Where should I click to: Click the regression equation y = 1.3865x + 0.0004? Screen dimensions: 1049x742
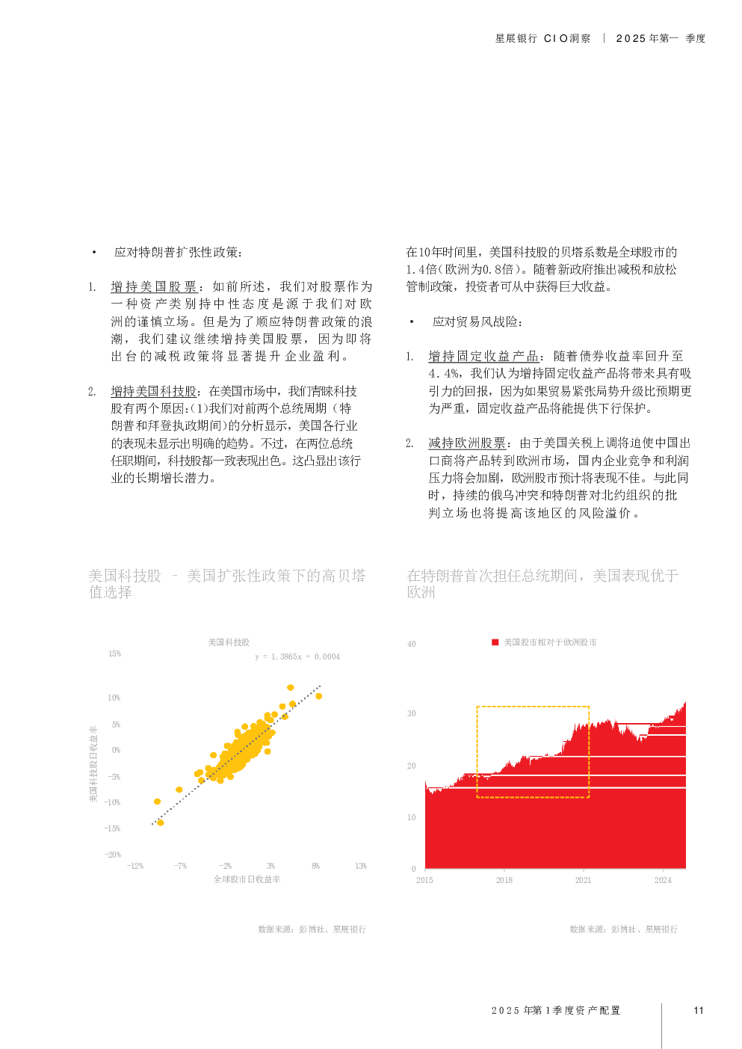(297, 656)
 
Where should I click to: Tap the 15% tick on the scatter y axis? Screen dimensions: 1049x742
(114, 653)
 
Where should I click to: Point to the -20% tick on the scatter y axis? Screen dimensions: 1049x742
(113, 855)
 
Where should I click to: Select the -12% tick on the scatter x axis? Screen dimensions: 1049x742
(135, 866)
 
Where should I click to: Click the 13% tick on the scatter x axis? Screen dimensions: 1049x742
(361, 866)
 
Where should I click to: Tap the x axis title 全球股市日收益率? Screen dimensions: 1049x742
(247, 879)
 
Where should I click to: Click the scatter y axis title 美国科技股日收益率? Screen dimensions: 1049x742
(93, 763)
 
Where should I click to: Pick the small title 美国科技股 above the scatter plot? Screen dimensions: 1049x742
(229, 642)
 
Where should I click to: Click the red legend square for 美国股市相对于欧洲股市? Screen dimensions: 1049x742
(495, 642)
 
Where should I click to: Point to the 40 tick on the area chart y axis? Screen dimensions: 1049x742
(411, 644)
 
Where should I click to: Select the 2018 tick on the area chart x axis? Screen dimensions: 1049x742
(504, 880)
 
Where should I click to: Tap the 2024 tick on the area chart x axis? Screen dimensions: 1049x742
(663, 880)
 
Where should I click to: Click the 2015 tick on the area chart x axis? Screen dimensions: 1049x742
(424, 880)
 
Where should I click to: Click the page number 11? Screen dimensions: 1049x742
(699, 1010)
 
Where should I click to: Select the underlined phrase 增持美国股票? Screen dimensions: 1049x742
(154, 287)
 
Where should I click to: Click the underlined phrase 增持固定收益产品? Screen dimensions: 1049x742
(483, 357)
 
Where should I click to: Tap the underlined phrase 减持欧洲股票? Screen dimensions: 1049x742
(467, 443)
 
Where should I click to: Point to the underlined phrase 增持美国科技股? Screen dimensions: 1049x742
(154, 392)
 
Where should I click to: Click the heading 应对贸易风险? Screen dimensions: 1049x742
(476, 322)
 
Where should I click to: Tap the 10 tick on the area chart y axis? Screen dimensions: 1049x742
(411, 817)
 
